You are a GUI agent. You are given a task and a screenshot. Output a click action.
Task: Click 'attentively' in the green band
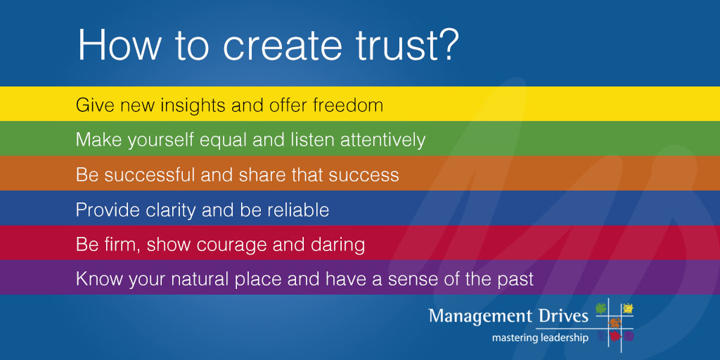382,140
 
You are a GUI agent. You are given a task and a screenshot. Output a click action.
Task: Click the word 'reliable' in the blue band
300,210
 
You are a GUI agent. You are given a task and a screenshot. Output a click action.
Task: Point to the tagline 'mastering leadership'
540,337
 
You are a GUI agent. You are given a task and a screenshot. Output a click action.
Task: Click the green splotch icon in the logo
600,307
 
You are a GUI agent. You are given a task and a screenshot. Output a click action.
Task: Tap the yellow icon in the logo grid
627,307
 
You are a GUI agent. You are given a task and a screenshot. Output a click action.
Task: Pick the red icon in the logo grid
615,337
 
